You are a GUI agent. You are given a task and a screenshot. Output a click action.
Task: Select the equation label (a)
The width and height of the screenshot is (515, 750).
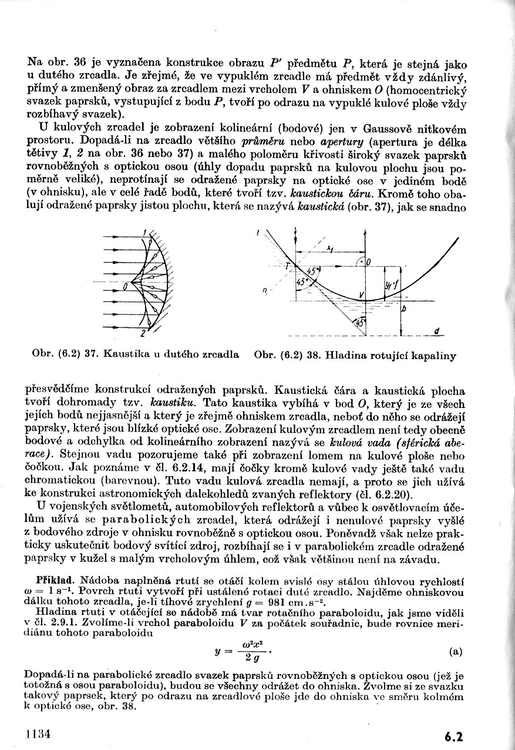[x=455, y=651]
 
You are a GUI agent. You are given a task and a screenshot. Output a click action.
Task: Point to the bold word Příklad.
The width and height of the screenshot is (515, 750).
[x=53, y=579]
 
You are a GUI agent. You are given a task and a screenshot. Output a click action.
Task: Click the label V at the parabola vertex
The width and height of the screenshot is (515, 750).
[x=362, y=294]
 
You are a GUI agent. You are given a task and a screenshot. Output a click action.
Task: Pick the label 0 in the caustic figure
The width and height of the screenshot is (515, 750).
[x=125, y=287]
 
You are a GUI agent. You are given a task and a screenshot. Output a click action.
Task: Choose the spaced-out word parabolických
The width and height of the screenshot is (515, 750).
[x=142, y=520]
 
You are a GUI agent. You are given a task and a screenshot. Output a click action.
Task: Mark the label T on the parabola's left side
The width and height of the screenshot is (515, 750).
[x=288, y=266]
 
